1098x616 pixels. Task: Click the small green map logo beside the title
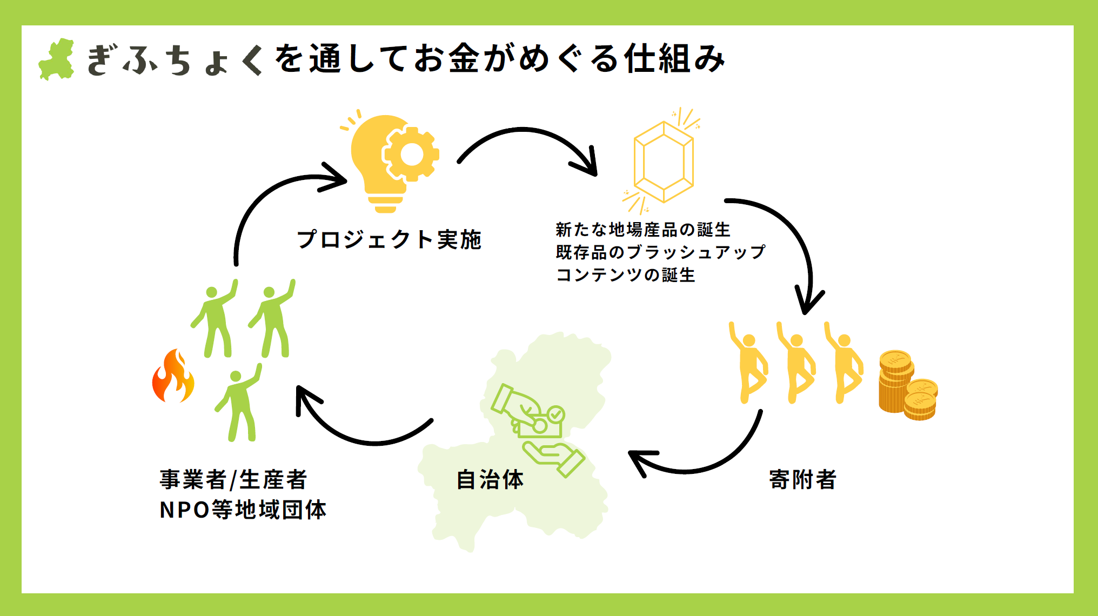click(57, 59)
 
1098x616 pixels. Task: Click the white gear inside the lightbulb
click(411, 155)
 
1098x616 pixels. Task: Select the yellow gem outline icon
click(663, 162)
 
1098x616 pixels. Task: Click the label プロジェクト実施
click(389, 239)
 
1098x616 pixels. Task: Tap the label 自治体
click(490, 479)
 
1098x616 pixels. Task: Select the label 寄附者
click(802, 479)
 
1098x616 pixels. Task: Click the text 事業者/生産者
click(233, 479)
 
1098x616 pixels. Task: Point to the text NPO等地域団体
click(243, 510)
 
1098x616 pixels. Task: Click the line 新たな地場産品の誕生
click(643, 230)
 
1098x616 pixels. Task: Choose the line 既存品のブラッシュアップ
click(660, 252)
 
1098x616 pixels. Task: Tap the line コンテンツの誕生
click(626, 275)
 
